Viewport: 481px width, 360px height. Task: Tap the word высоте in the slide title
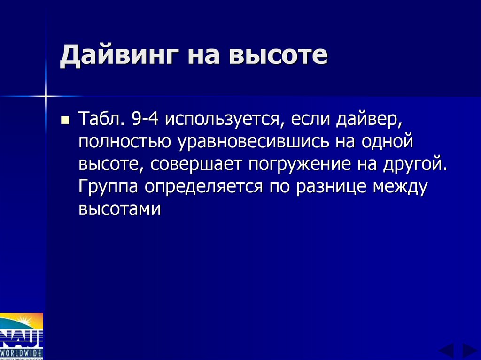[278, 56]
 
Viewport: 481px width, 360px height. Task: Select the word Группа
[109, 187]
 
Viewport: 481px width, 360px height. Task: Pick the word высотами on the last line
[120, 208]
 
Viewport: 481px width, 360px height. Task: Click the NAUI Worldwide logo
[22, 336]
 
